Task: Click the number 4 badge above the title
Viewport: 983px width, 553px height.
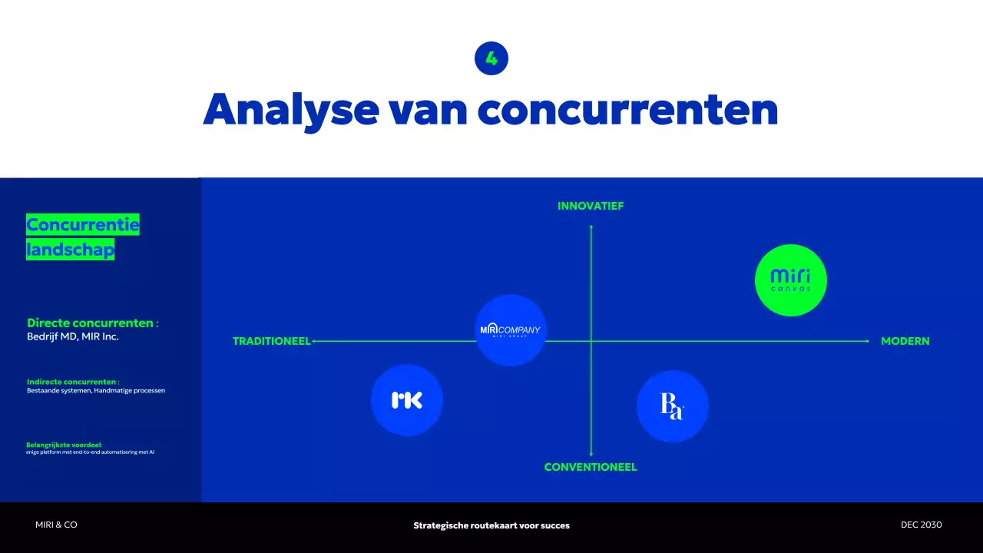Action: pyautogui.click(x=491, y=58)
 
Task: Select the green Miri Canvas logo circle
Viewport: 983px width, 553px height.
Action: pyautogui.click(x=790, y=280)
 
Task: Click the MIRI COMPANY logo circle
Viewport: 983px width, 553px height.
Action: pyautogui.click(x=511, y=330)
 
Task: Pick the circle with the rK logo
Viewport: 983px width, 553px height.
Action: pyautogui.click(x=407, y=400)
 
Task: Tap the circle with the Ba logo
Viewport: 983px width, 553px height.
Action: pyautogui.click(x=672, y=406)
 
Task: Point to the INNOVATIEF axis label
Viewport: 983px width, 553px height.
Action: pyautogui.click(x=591, y=207)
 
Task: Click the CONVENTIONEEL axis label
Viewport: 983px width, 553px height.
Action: pyautogui.click(x=591, y=467)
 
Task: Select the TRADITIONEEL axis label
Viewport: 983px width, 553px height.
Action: pyautogui.click(x=272, y=341)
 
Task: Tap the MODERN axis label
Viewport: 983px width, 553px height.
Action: pyautogui.click(x=905, y=341)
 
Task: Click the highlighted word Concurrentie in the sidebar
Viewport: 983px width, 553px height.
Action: pyautogui.click(x=83, y=225)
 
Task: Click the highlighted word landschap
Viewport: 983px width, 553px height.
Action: pyautogui.click(x=71, y=250)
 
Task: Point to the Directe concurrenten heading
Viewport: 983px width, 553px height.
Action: pyautogui.click(x=92, y=323)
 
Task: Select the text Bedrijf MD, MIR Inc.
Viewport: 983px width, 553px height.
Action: pyautogui.click(x=73, y=336)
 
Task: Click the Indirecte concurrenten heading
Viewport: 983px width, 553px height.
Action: pyautogui.click(x=73, y=382)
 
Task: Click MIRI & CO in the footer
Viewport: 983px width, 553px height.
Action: pyautogui.click(x=56, y=525)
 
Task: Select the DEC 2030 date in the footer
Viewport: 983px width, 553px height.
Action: pyautogui.click(x=921, y=525)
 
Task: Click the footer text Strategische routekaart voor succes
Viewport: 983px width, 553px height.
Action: pyautogui.click(x=491, y=525)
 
